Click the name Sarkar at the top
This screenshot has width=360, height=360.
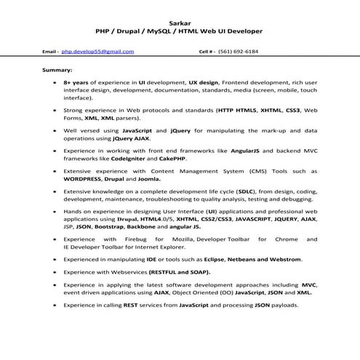click(179, 22)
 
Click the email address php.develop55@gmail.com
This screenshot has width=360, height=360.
click(97, 52)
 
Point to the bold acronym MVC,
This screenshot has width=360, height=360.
click(308, 286)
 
